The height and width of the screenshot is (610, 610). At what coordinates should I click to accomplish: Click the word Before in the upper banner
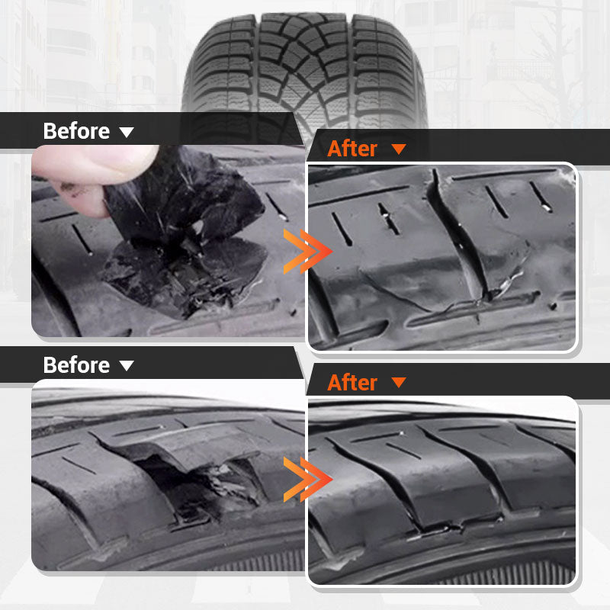click(76, 130)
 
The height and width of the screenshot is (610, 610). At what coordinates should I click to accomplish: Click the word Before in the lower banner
click(76, 364)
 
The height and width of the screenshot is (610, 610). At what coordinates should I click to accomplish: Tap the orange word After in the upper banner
click(352, 149)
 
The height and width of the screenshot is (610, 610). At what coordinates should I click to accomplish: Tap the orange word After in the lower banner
click(352, 382)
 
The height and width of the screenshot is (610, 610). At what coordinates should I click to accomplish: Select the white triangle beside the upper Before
click(127, 132)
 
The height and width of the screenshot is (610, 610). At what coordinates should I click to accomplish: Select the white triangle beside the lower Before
click(127, 366)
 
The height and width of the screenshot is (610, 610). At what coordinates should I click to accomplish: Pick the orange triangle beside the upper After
click(399, 149)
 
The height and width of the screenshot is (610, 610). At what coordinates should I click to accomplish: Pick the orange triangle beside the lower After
click(399, 383)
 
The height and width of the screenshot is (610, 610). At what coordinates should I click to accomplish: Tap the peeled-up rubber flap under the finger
click(183, 198)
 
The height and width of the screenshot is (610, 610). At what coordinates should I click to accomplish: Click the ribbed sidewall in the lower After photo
click(457, 568)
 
